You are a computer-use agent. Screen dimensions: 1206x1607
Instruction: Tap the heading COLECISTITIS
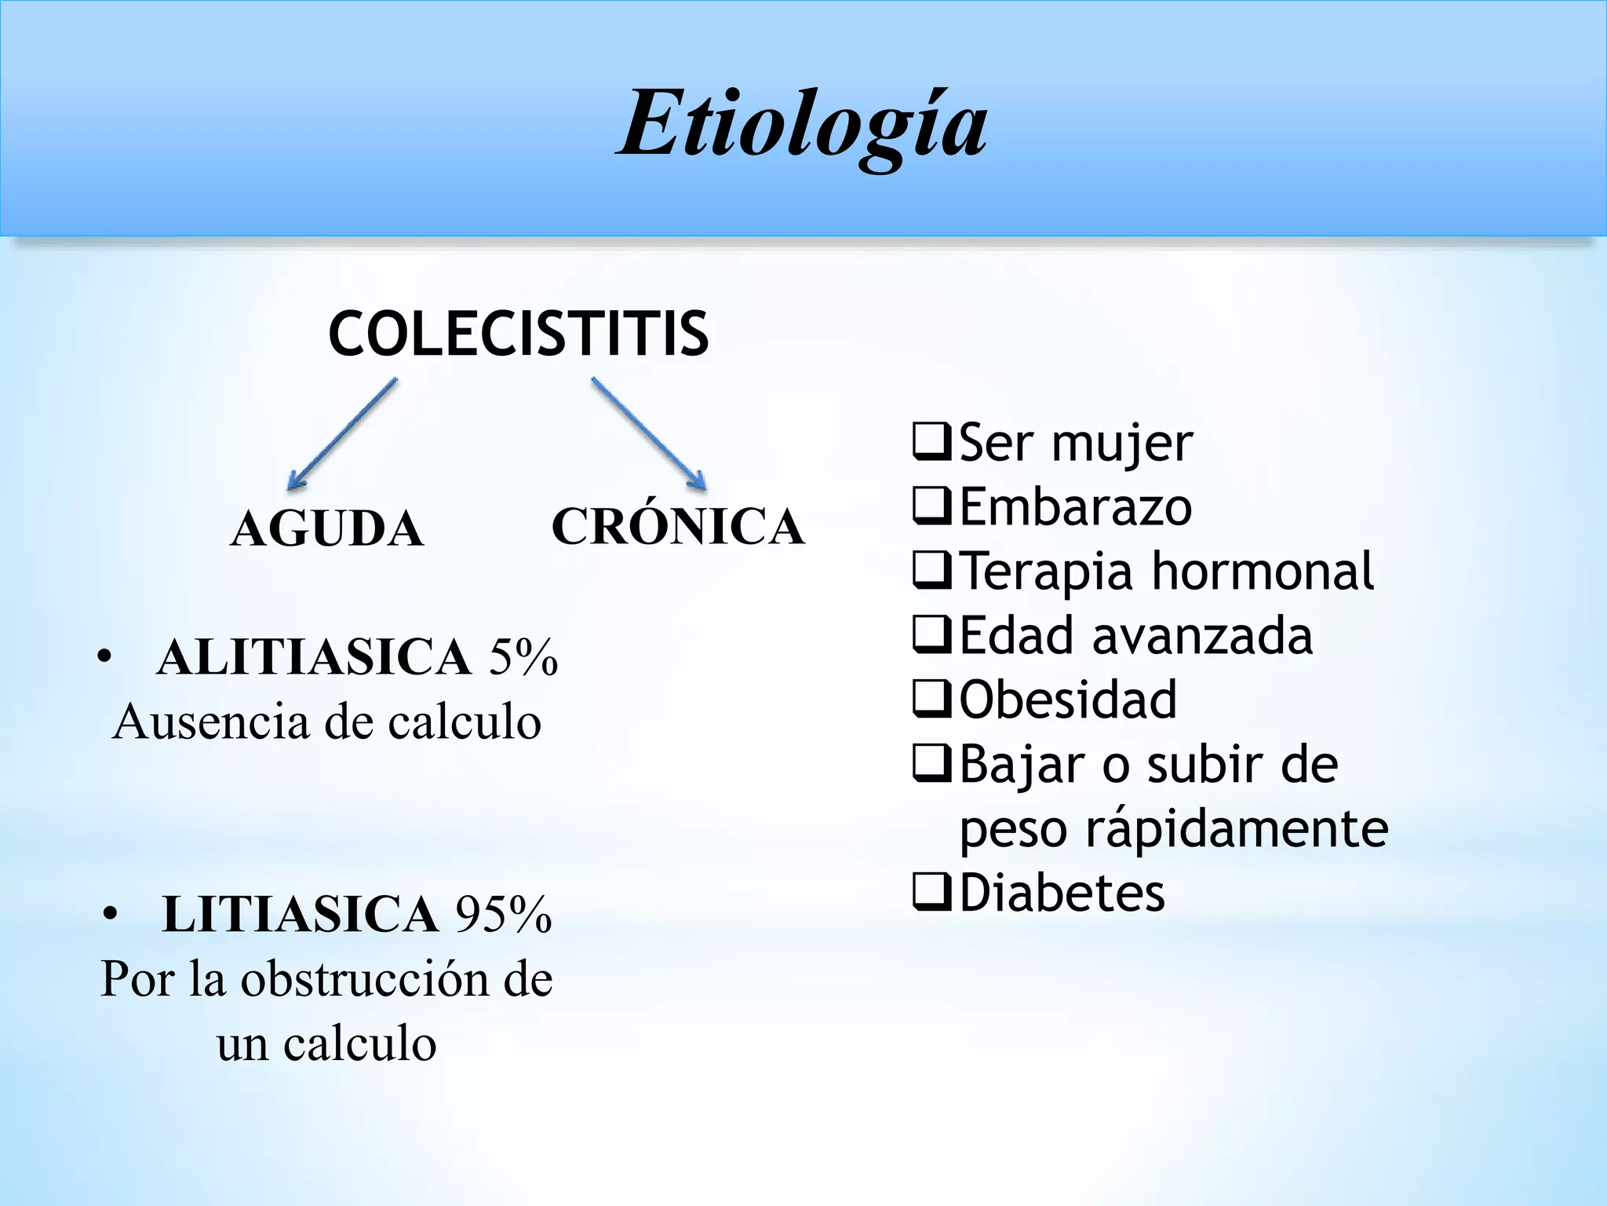click(518, 334)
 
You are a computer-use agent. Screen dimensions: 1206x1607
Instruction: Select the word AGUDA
click(327, 528)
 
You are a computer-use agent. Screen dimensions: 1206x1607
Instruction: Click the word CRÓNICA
click(678, 526)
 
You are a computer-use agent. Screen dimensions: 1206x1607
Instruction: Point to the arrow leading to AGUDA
click(342, 434)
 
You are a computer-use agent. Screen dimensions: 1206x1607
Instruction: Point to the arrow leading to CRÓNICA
click(649, 434)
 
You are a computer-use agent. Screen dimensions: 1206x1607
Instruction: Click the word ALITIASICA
click(314, 656)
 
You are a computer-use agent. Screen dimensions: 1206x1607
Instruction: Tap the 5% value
click(523, 656)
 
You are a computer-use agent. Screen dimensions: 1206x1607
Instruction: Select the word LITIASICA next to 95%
click(300, 914)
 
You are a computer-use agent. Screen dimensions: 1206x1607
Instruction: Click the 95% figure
click(505, 914)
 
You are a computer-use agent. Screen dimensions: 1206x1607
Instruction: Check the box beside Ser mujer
click(932, 441)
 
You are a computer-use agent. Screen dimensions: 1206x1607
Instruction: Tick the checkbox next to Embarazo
click(932, 506)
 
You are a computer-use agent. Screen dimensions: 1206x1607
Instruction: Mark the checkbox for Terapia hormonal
click(932, 570)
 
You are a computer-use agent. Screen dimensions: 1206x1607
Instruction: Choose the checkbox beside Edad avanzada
click(932, 634)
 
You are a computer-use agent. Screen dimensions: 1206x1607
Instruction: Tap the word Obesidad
click(1068, 700)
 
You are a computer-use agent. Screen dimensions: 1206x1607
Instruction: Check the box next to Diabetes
click(932, 892)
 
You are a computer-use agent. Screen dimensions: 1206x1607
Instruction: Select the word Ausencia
click(211, 722)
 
